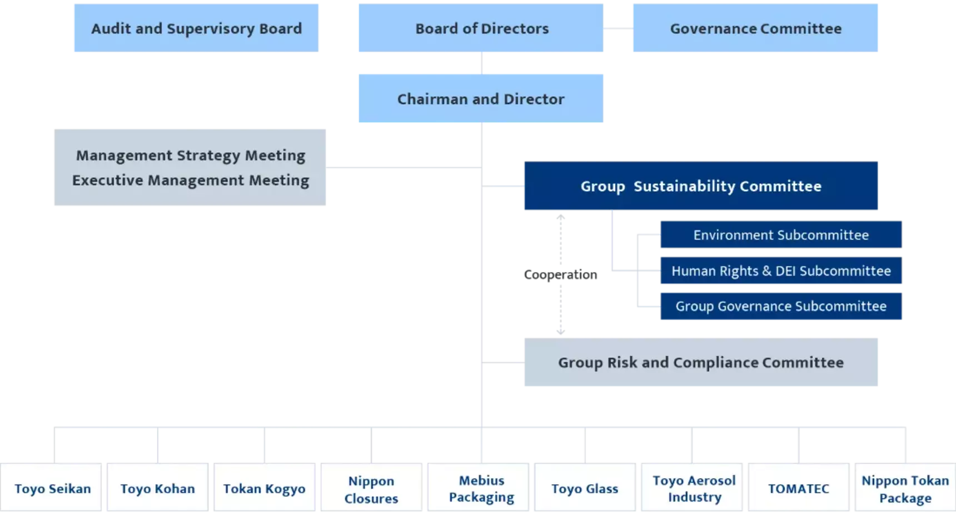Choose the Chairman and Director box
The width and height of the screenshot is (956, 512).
[x=480, y=98]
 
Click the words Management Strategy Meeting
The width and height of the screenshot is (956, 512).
[x=191, y=155]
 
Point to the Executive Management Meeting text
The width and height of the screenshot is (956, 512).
[x=191, y=180]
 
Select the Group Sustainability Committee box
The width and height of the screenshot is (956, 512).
[x=700, y=187]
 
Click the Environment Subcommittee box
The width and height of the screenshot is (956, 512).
[x=780, y=235]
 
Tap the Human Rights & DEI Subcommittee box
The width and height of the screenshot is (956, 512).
[x=780, y=271]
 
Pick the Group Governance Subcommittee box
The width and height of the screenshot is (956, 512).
[x=780, y=306]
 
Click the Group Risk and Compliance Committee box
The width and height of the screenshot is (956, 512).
[x=700, y=363]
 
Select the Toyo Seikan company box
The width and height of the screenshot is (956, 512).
[x=52, y=489]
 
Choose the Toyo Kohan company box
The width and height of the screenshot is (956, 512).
[x=158, y=489]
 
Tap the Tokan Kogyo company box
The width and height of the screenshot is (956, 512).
[x=265, y=489]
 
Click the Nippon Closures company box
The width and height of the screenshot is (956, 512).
[x=371, y=489]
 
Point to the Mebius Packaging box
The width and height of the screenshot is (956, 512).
[x=481, y=489]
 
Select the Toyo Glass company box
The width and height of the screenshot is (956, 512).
[x=585, y=489]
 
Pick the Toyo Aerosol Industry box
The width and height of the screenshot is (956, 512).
[x=694, y=489]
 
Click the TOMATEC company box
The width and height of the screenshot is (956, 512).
[x=798, y=489]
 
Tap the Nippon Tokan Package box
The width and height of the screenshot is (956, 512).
[x=905, y=489]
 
